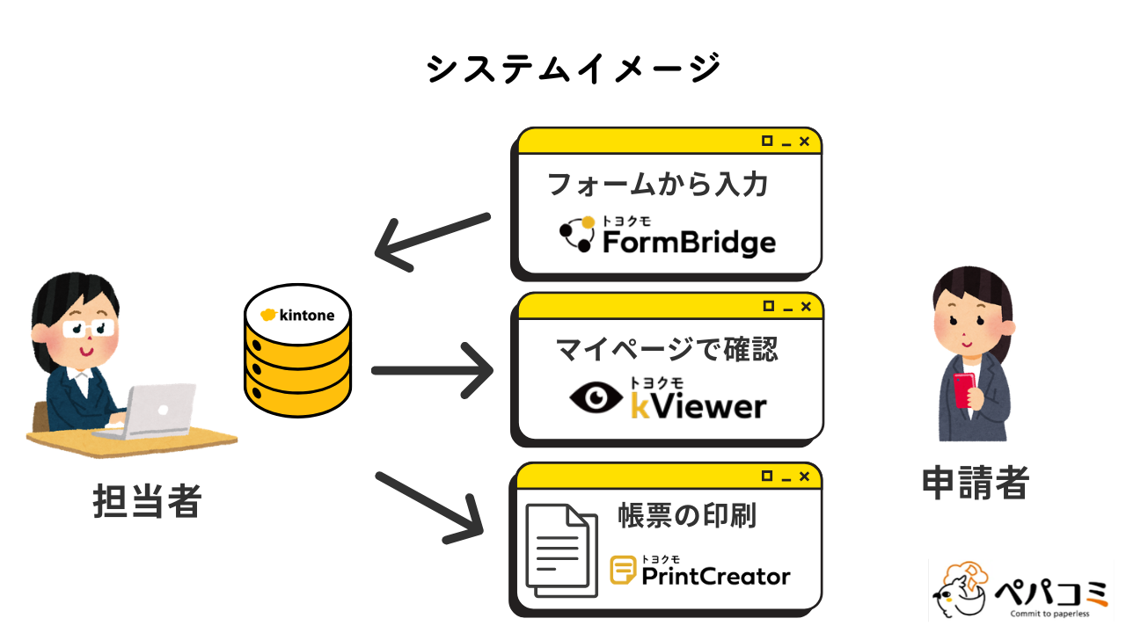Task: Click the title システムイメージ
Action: pos(573,69)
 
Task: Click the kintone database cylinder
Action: pos(297,356)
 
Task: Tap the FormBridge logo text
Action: pos(688,242)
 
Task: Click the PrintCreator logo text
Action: pos(715,576)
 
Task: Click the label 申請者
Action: pos(975,482)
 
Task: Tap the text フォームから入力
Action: pos(658,185)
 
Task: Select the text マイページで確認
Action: pos(668,349)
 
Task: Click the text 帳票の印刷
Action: pos(687,516)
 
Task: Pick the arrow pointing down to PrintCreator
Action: pos(431,506)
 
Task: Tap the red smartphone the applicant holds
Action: pos(962,390)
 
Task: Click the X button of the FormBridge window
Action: pos(804,141)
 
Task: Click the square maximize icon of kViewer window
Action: pos(767,305)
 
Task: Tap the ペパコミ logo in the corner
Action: pos(1020,589)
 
